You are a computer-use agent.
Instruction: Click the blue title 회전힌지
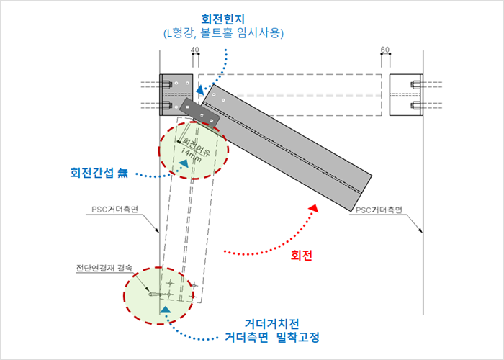click(x=222, y=19)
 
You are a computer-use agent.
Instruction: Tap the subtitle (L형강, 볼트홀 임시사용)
click(x=224, y=33)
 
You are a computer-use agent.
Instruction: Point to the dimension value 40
click(x=195, y=50)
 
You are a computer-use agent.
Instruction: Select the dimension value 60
click(x=384, y=50)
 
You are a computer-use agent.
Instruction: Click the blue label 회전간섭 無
click(x=99, y=173)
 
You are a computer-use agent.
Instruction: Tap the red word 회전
click(x=301, y=256)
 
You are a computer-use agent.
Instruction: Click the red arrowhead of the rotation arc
click(x=313, y=208)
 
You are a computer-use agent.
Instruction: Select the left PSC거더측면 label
click(x=114, y=210)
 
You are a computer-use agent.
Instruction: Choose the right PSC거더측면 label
click(x=379, y=210)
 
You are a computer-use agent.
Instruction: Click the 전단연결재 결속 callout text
click(x=104, y=268)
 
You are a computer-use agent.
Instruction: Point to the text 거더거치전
click(x=272, y=324)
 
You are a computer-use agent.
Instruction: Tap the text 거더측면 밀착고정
click(x=272, y=337)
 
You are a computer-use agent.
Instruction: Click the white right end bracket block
click(x=406, y=95)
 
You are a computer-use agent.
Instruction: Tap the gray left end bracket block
click(x=176, y=95)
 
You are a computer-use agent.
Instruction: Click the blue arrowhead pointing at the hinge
click(x=200, y=90)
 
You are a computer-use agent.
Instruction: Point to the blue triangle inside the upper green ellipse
click(x=184, y=163)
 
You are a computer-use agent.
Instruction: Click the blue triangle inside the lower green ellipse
click(x=165, y=310)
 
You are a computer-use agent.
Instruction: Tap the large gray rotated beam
click(x=286, y=148)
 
